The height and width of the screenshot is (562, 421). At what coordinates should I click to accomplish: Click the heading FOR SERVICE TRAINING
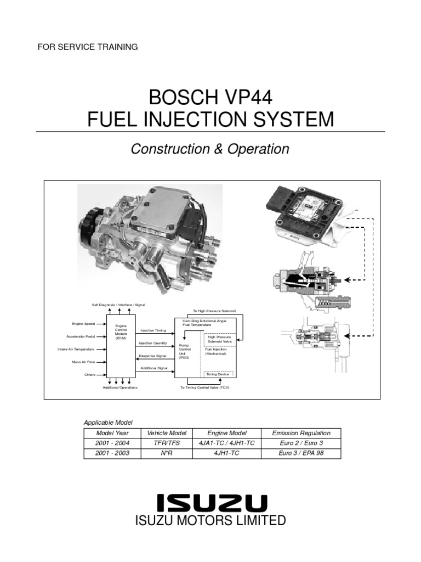coord(87,47)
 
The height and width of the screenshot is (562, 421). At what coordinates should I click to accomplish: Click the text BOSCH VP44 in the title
coord(210,100)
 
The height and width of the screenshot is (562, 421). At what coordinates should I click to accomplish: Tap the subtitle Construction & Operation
coord(210,149)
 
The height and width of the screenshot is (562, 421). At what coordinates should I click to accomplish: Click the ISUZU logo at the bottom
coord(211,503)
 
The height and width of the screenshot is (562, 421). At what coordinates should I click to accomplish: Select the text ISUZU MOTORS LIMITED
coord(210,520)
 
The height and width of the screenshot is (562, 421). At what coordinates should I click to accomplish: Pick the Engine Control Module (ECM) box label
coord(121,332)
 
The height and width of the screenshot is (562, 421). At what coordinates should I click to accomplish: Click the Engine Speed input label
coord(83,324)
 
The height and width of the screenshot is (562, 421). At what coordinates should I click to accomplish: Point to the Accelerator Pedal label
coord(81,336)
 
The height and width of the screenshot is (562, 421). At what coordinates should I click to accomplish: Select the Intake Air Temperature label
coord(76,349)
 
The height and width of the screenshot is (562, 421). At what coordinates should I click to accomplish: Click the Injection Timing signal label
coord(152,330)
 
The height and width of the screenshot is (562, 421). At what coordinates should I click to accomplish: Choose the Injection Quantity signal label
coord(153,343)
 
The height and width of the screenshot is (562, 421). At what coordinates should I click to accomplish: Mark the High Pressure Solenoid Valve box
coord(220,339)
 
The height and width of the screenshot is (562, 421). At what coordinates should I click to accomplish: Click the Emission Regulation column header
coord(301,434)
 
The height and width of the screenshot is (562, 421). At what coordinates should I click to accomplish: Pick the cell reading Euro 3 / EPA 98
coord(301,453)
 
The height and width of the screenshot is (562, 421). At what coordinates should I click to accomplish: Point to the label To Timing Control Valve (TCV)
coord(205,387)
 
